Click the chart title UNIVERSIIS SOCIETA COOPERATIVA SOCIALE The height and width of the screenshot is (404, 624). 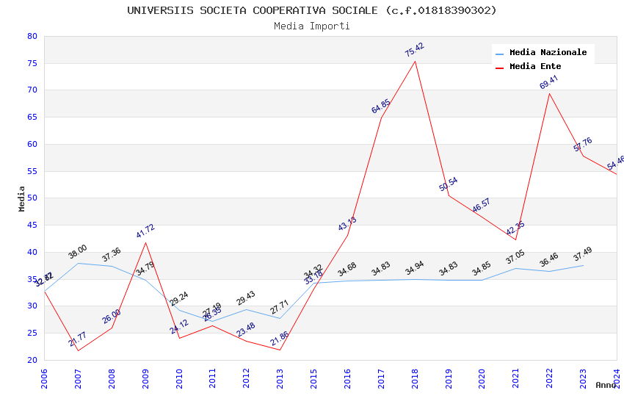coord(312,10)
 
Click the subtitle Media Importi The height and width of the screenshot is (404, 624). coord(312,26)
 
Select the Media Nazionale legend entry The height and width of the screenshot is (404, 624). coord(548,53)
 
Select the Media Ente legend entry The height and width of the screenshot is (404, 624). coord(535,67)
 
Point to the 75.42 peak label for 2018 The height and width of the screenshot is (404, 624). coord(415,50)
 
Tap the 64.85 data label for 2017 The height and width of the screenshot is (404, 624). coord(381,107)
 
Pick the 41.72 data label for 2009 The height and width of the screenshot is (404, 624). coord(145,231)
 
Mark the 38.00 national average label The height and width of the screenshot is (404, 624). coord(78,252)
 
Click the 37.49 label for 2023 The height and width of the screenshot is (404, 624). coord(583,254)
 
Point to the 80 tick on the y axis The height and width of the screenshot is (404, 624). coord(32,36)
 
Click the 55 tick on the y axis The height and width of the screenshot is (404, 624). coord(32,171)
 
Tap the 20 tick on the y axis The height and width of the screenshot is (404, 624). coord(32,360)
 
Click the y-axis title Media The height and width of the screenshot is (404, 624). coord(22,198)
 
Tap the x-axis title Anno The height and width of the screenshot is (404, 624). coord(606,385)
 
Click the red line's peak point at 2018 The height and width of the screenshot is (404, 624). coord(416,61)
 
